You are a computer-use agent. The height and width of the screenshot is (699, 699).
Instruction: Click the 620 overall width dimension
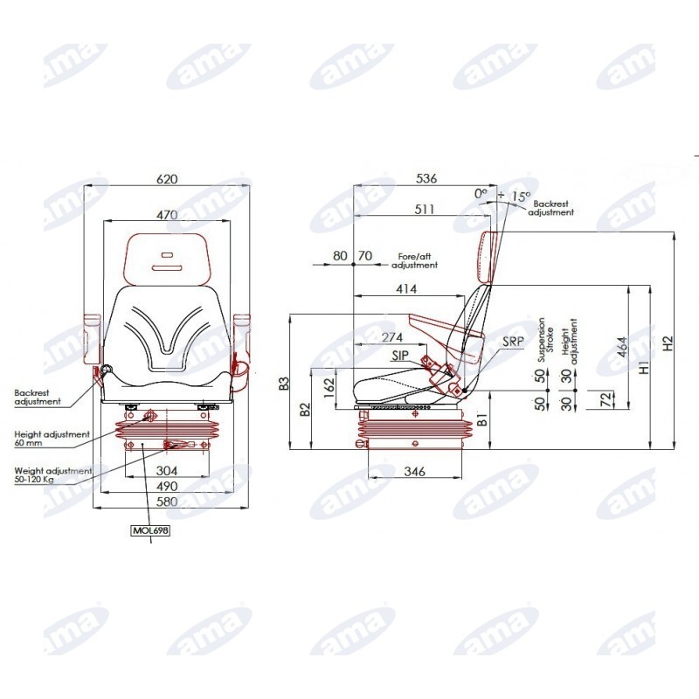click(167, 179)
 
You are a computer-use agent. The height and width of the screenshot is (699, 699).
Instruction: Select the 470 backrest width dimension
click(167, 215)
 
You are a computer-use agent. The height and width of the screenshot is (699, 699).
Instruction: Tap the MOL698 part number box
click(151, 530)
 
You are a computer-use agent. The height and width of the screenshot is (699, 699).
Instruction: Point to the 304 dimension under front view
click(167, 471)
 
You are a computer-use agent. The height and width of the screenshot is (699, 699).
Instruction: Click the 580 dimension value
click(167, 502)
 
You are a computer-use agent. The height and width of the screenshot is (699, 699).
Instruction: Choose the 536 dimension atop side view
click(426, 178)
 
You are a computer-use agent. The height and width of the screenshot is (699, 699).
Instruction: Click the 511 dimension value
click(425, 209)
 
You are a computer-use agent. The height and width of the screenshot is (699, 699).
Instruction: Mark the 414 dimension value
click(406, 289)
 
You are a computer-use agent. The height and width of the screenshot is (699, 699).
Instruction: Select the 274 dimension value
click(392, 337)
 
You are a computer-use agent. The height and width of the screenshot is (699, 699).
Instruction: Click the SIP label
click(400, 356)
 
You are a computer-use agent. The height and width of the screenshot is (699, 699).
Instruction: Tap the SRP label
click(513, 342)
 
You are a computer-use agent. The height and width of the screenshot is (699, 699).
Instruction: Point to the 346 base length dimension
click(414, 471)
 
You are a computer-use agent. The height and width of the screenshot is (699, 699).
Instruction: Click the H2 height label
click(668, 343)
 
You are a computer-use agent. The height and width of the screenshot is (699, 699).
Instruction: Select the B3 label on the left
click(284, 384)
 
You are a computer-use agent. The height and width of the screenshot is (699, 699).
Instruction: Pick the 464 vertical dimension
click(622, 347)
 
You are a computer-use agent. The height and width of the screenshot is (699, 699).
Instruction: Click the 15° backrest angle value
click(521, 196)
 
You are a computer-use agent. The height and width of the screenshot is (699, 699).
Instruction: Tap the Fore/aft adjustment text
click(414, 260)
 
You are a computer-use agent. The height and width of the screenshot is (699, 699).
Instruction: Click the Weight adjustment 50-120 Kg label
click(53, 474)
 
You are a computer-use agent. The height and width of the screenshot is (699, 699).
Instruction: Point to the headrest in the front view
click(167, 259)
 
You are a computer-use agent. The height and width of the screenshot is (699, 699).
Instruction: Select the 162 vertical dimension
click(329, 387)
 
